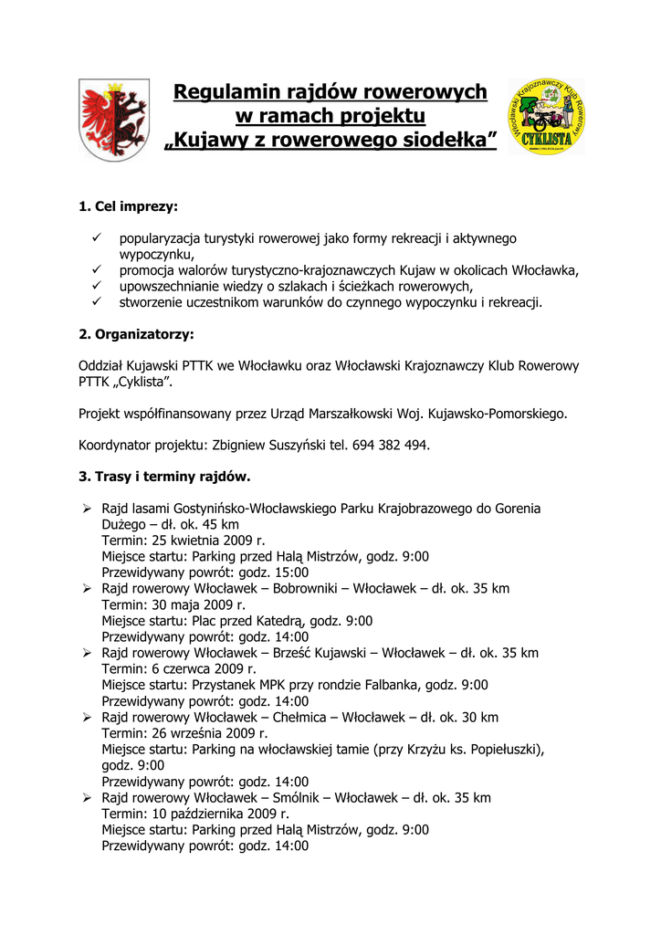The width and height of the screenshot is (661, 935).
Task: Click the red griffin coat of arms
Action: coord(114,119)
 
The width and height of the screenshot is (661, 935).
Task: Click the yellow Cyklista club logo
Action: coord(547,117)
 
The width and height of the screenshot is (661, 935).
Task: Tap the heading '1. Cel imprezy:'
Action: coord(129,206)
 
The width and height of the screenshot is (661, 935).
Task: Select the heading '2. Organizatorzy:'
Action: coord(137,334)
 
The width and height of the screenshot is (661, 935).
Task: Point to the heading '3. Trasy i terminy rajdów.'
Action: coord(164,477)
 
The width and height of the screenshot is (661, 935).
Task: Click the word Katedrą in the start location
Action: coord(279,621)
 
